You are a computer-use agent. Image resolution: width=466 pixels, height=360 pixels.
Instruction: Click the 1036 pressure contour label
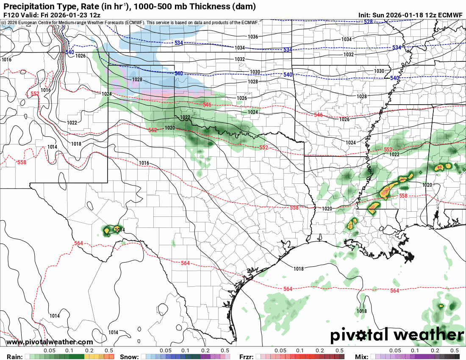[x=253, y=37]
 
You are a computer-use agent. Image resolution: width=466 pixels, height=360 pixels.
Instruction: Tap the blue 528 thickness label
[x=368, y=22]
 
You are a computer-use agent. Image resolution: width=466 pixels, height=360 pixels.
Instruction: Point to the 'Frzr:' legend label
[x=247, y=357]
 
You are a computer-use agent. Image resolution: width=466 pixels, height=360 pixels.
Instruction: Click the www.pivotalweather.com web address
[x=50, y=342]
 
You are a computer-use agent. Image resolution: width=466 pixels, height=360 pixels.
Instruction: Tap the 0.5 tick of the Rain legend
[x=108, y=351]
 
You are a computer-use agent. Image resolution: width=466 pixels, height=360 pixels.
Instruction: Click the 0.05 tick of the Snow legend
[x=166, y=351]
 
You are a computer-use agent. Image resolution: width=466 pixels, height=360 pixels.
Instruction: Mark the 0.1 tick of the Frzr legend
[x=300, y=351]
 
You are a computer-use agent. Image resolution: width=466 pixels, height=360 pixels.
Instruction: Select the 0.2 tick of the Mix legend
[x=435, y=351]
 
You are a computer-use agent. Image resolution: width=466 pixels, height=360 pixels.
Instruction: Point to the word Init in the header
[x=365, y=15]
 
